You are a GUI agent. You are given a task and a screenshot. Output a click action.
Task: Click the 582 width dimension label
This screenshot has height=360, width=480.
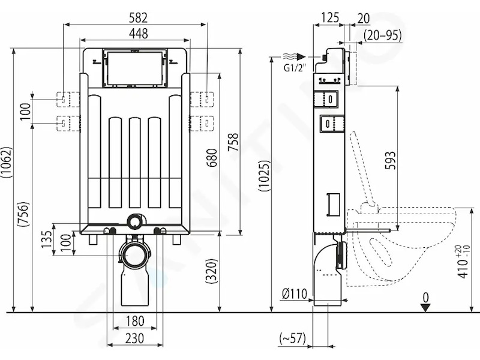(138, 18)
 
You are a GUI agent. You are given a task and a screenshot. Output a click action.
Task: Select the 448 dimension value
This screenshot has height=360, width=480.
(139, 34)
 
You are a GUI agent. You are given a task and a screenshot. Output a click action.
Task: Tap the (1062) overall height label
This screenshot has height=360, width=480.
(7, 163)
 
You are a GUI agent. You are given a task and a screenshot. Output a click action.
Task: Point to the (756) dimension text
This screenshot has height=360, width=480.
(23, 214)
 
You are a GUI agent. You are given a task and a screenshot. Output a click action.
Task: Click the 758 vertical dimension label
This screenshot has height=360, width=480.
(233, 142)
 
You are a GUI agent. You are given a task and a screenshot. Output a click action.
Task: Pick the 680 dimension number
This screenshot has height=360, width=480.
(212, 158)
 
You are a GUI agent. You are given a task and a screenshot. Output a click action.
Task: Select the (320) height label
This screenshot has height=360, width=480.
(211, 271)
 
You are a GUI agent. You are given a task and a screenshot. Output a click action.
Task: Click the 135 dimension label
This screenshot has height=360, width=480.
(47, 239)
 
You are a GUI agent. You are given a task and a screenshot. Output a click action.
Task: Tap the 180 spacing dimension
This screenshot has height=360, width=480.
(134, 321)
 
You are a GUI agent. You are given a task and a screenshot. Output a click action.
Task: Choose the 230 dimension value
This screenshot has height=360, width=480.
(134, 338)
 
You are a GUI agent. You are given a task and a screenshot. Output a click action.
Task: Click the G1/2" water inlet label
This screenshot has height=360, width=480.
(295, 68)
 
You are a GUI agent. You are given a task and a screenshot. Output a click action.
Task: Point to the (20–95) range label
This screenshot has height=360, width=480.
(383, 35)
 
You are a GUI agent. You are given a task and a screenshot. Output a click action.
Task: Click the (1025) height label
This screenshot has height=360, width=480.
(265, 176)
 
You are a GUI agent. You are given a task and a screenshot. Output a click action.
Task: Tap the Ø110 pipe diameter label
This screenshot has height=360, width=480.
(295, 294)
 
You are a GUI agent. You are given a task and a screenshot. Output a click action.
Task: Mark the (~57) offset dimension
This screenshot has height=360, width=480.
(293, 338)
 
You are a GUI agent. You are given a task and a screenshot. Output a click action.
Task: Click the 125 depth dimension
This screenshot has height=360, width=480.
(330, 18)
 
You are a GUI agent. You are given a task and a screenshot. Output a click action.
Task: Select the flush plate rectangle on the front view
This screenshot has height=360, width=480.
(134, 68)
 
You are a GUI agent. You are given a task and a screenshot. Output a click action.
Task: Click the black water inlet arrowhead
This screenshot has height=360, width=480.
(301, 56)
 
